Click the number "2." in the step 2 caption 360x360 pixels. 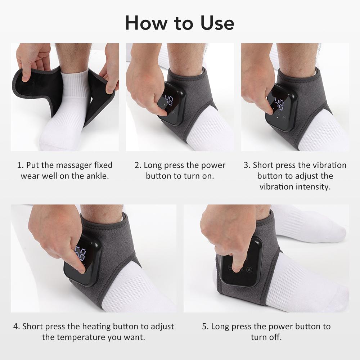138,165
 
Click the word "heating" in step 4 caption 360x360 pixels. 96,327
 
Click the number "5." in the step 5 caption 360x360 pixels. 205,327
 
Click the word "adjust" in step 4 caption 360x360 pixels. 162,327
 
